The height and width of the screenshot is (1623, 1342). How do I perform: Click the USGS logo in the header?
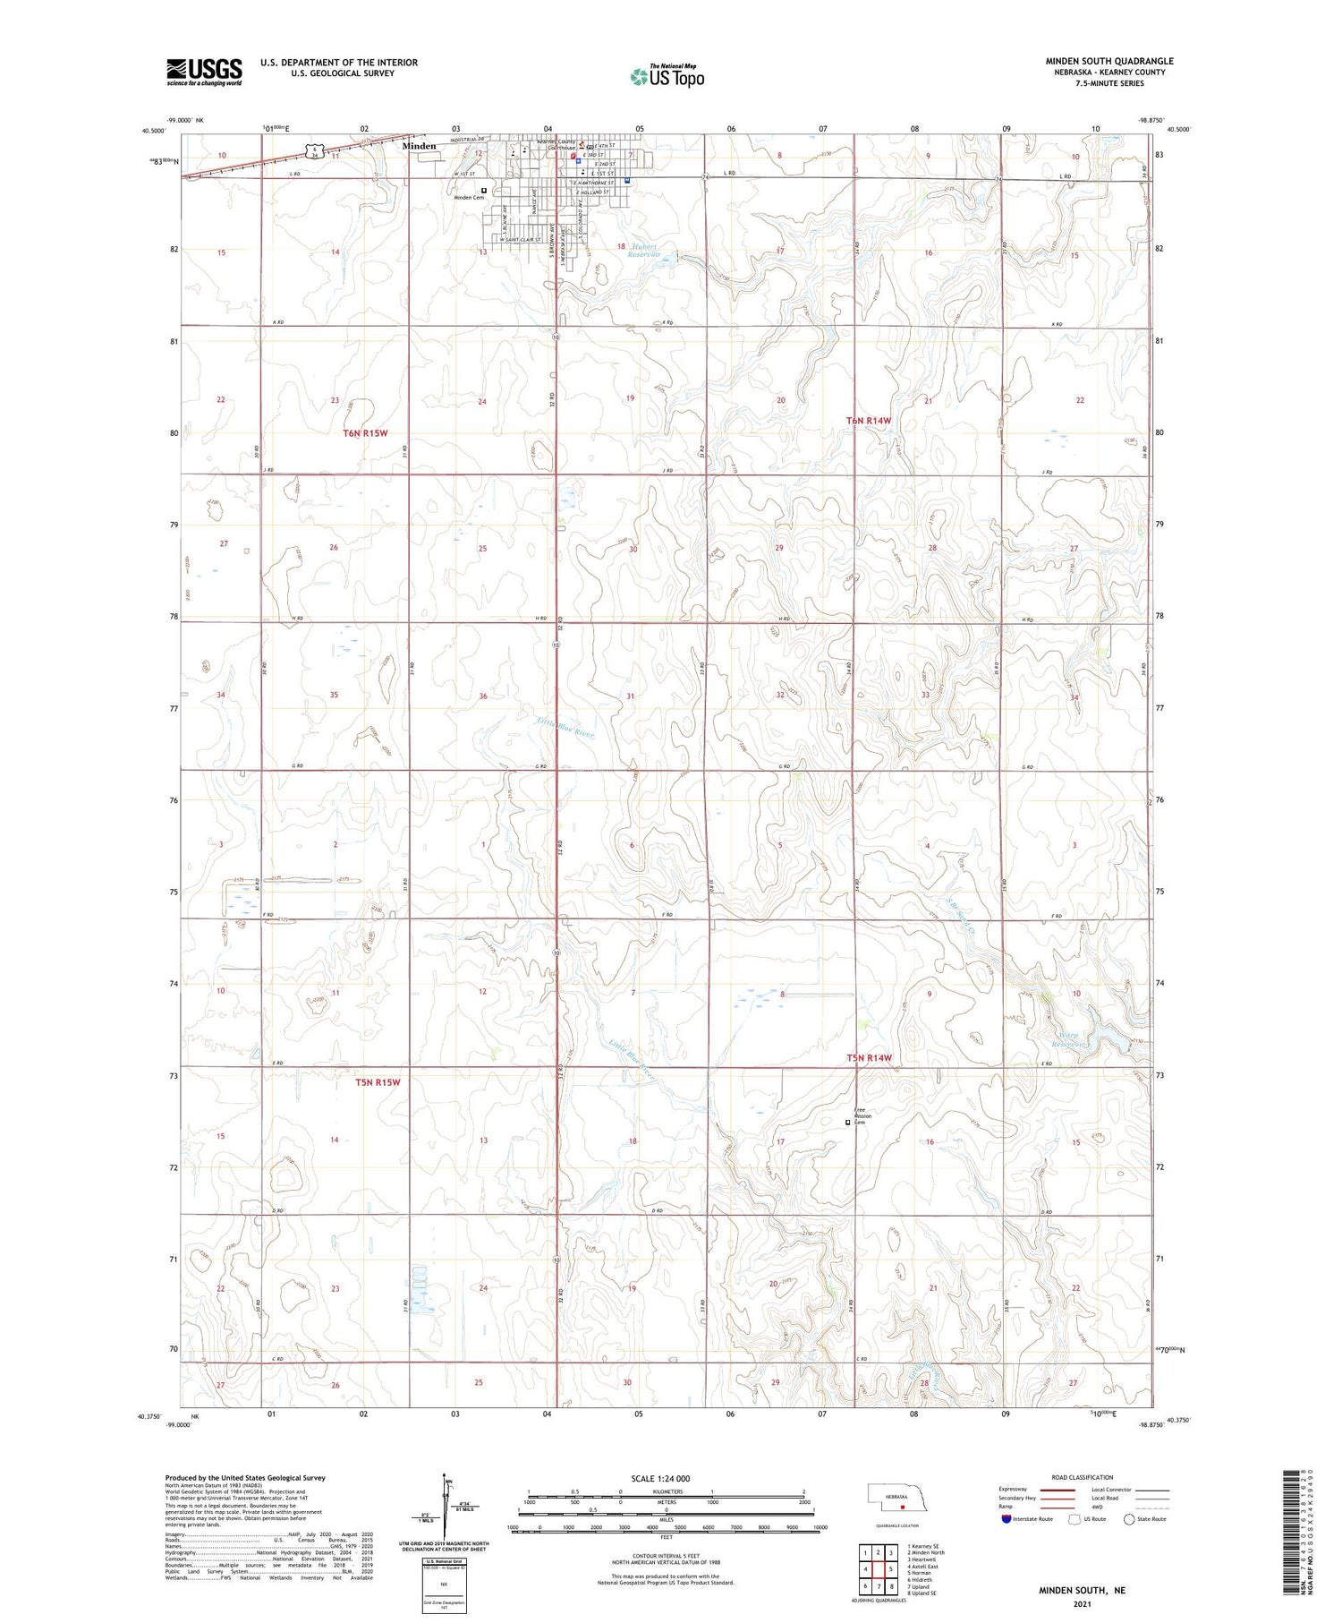coord(204,71)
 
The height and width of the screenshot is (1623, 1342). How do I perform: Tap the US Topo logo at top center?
coord(667,76)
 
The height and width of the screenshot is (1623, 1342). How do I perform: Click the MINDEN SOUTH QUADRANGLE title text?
coord(1109,61)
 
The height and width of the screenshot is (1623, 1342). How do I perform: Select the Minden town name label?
coord(419,146)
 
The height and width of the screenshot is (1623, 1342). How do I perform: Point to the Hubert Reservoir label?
coord(642,251)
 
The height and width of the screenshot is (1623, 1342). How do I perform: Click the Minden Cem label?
coord(468,198)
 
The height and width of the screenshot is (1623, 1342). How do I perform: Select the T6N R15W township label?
coord(365,433)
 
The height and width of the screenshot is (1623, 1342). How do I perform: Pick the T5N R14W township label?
coord(870,1058)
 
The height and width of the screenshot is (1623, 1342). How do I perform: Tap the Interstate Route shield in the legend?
coord(1007,1518)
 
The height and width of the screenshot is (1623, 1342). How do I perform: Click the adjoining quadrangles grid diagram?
coord(878,1568)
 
